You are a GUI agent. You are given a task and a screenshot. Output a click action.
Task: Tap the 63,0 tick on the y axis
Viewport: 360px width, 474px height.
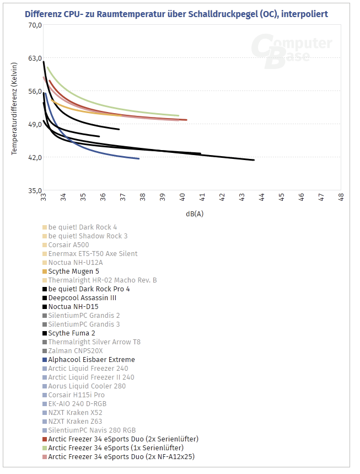click(x=35, y=58)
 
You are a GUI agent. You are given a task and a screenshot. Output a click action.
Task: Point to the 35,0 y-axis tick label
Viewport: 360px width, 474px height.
click(x=35, y=190)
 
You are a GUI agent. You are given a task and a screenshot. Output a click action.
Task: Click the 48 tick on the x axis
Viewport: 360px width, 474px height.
click(x=341, y=196)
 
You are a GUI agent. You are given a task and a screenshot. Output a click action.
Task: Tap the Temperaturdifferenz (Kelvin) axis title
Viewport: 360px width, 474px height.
click(x=15, y=109)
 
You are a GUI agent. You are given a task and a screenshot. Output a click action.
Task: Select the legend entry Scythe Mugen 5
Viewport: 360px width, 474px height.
click(x=73, y=271)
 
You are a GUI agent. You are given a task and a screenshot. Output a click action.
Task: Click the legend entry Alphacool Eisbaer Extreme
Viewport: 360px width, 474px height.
click(x=91, y=359)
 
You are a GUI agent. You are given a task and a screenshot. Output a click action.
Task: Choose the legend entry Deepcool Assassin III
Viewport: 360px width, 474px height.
click(x=82, y=297)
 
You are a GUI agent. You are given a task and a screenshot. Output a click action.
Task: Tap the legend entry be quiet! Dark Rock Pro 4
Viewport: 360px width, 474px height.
click(x=89, y=289)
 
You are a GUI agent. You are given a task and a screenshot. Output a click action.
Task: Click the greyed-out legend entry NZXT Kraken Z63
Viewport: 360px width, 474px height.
click(x=75, y=421)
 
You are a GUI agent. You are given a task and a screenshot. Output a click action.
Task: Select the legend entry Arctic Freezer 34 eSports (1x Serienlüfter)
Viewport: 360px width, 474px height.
click(x=116, y=448)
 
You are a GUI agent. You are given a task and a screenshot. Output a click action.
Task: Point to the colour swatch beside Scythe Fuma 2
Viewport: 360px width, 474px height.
click(x=44, y=333)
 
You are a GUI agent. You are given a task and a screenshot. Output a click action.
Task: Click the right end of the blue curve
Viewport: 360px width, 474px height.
click(x=138, y=159)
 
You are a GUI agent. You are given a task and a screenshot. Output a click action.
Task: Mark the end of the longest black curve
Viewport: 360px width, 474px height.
click(x=254, y=160)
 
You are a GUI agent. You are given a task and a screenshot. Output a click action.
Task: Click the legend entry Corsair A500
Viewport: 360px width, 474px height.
click(x=68, y=244)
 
